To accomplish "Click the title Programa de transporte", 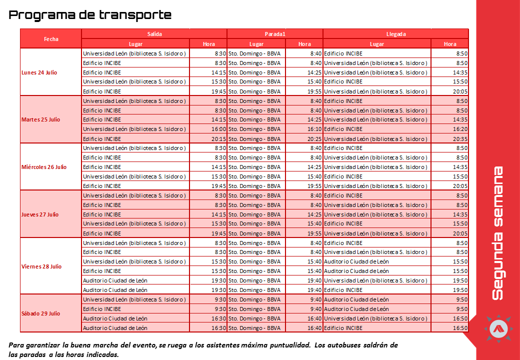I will click(90, 15).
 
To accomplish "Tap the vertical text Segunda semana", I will click(497, 233).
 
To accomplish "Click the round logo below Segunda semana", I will click(498, 328).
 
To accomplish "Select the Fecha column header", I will click(51, 38).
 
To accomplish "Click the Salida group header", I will click(154, 34).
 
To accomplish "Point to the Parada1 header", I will click(274, 34).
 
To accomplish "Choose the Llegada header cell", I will click(396, 34).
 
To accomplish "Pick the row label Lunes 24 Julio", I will click(39, 72).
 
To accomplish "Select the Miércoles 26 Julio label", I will click(44, 167).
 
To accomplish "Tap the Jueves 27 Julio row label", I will click(40, 214).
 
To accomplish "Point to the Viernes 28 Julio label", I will click(41, 266).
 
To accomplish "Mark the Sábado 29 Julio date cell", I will click(41, 313).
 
